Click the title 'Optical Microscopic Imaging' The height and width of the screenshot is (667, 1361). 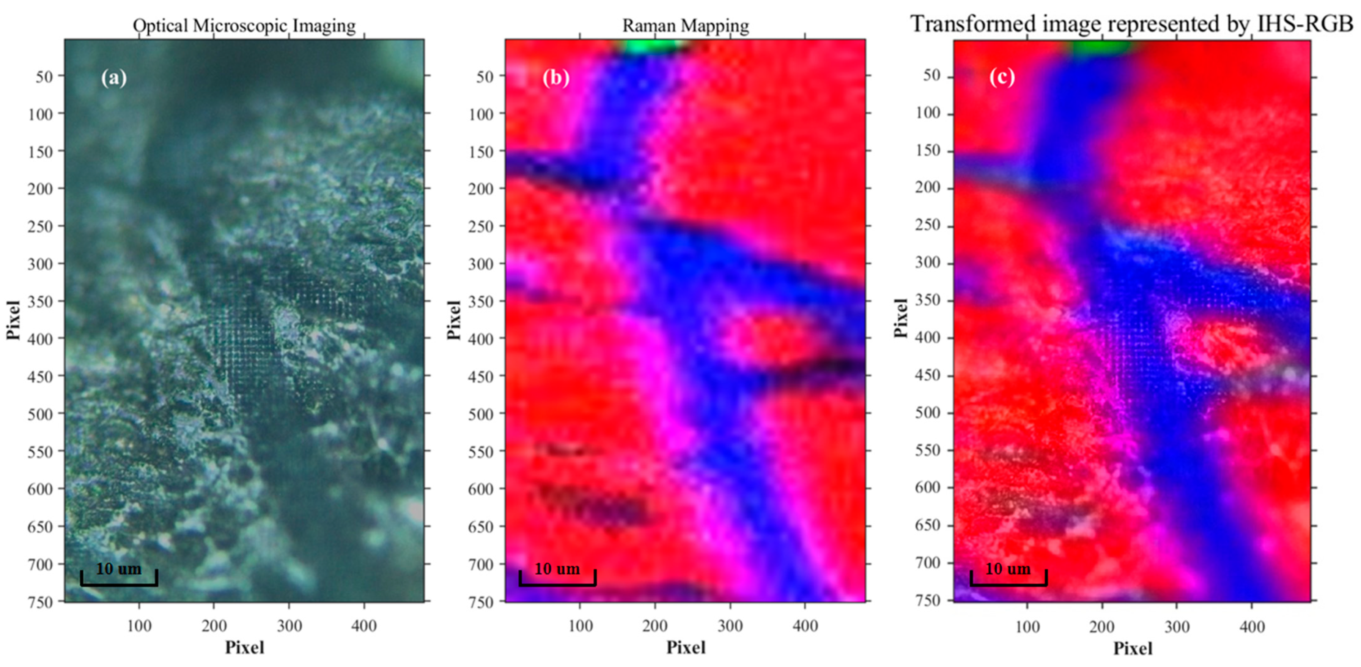[244, 25]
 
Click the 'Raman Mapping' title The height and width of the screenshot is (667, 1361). [685, 25]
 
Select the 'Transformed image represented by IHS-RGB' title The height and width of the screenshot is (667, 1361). [1132, 23]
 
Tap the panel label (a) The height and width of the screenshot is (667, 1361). [114, 78]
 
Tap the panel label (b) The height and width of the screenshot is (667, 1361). [556, 78]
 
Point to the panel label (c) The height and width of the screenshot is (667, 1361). [1002, 77]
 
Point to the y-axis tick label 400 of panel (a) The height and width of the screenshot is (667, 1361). [40, 338]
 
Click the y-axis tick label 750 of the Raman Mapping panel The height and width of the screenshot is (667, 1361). [481, 602]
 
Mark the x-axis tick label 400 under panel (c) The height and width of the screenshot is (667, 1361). [1252, 627]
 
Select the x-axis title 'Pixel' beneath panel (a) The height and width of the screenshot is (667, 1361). [244, 648]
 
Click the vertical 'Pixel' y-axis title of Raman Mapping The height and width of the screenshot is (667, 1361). [453, 320]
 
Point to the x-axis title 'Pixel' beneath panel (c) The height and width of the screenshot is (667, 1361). [1133, 649]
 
